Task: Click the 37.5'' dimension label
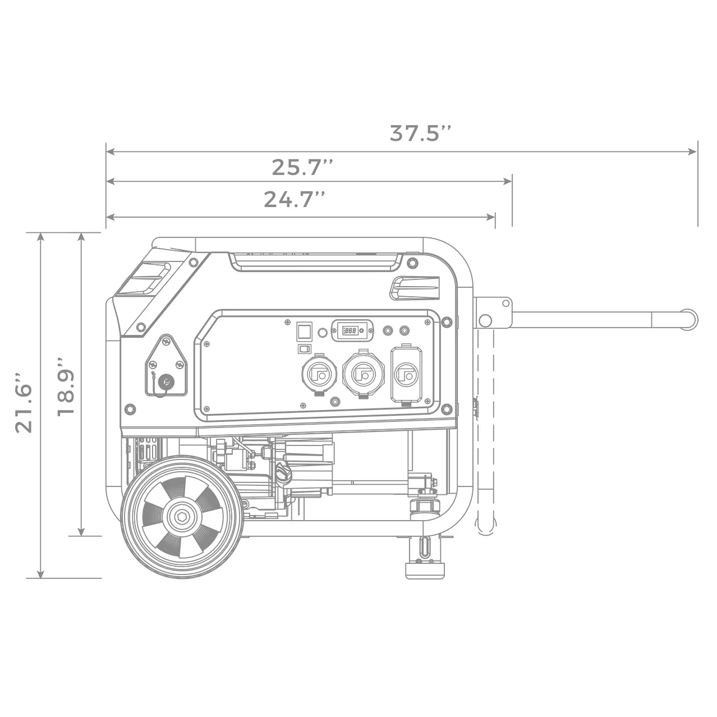[x=420, y=134]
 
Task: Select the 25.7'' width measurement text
[x=302, y=167]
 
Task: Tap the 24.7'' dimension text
[x=295, y=200]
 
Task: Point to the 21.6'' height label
[x=24, y=401]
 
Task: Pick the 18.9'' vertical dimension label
[x=65, y=386]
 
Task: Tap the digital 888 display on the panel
[x=352, y=331]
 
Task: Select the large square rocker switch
[x=304, y=330]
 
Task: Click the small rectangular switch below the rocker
[x=304, y=349]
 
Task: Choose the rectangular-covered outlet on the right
[x=407, y=374]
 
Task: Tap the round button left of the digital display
[x=323, y=333]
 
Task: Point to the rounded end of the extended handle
[x=691, y=318]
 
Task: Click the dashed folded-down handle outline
[x=485, y=426]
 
